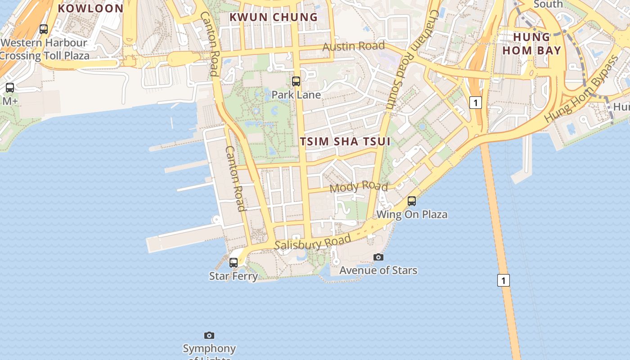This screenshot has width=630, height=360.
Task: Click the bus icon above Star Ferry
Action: (x=234, y=262)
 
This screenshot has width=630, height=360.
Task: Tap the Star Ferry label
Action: (x=234, y=276)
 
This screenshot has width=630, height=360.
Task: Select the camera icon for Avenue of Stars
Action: (x=378, y=257)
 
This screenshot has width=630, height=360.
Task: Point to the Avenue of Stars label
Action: (x=378, y=270)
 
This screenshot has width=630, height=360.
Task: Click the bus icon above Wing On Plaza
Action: (x=412, y=201)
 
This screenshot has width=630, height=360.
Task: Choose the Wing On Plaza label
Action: (x=412, y=214)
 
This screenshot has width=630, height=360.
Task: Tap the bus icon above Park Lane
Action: (x=296, y=81)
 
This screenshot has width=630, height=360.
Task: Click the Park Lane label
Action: (x=296, y=95)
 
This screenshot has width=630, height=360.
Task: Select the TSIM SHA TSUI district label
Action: (x=345, y=141)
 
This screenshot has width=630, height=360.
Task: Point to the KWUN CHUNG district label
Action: (x=274, y=17)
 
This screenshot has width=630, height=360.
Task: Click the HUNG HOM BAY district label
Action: (x=532, y=44)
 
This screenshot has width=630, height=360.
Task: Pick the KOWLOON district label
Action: (x=90, y=8)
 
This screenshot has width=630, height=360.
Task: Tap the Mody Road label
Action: (x=359, y=186)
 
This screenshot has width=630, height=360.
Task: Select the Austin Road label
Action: (x=354, y=46)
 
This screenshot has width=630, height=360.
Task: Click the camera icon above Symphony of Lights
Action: (x=209, y=335)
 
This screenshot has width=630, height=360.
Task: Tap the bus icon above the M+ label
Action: (x=10, y=88)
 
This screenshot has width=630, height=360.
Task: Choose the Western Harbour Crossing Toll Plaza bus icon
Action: (x=44, y=29)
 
